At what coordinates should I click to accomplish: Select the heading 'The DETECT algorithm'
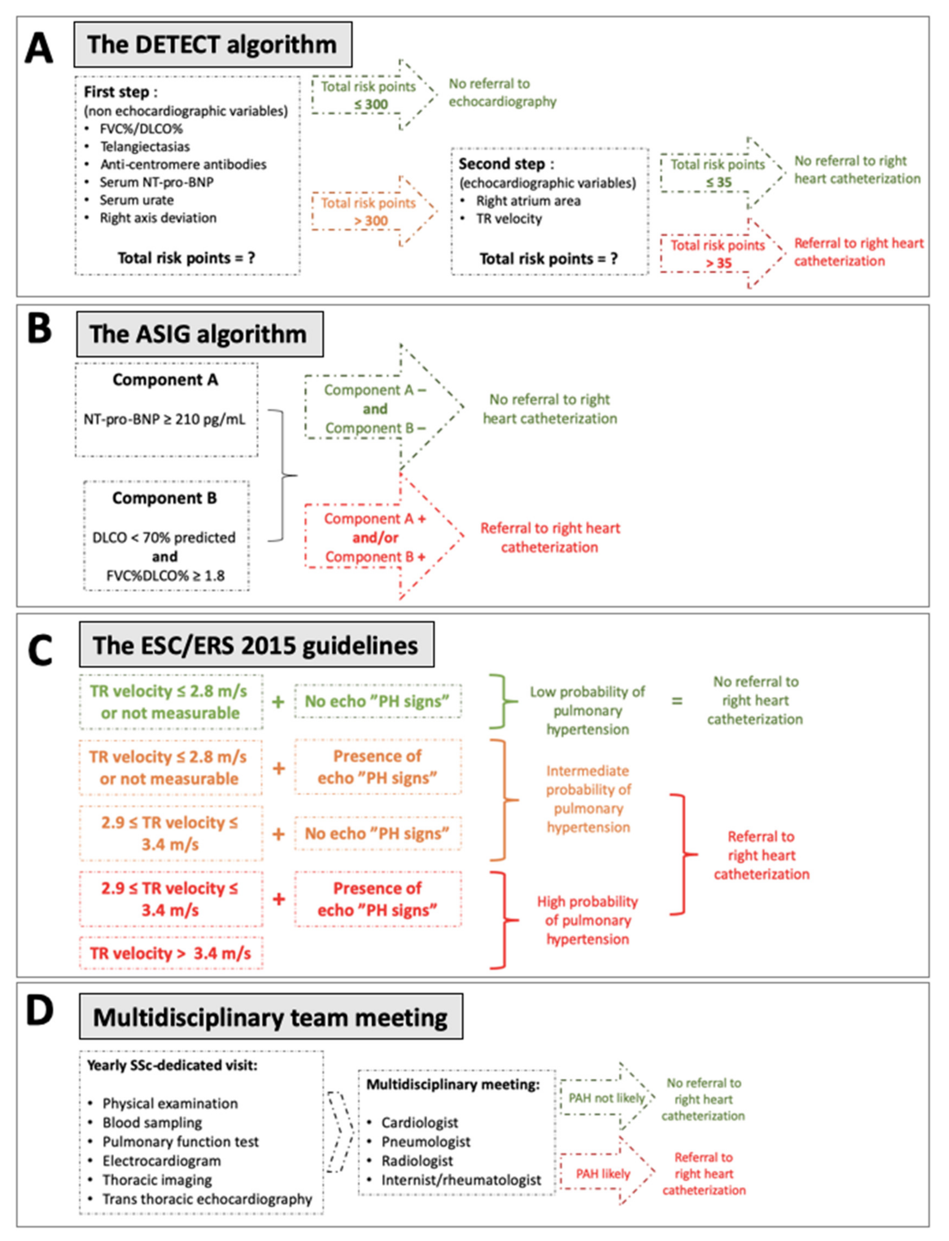(x=212, y=45)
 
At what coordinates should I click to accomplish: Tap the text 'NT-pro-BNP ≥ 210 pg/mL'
(x=164, y=419)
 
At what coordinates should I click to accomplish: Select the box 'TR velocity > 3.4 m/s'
(x=171, y=954)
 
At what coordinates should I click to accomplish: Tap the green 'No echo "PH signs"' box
(x=377, y=701)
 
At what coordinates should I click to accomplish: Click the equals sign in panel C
(x=677, y=701)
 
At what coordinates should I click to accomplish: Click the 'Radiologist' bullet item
(x=417, y=1161)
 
